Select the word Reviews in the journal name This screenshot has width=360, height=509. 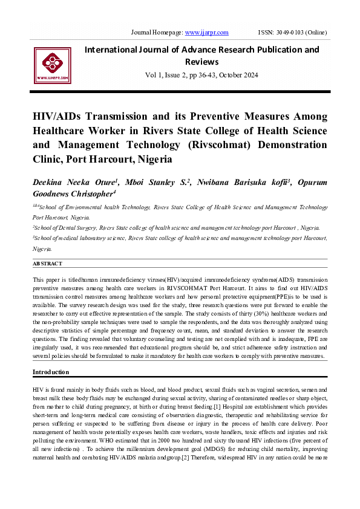(202, 62)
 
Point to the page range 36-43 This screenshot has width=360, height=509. (199, 75)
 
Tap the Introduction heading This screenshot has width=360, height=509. (51, 372)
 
